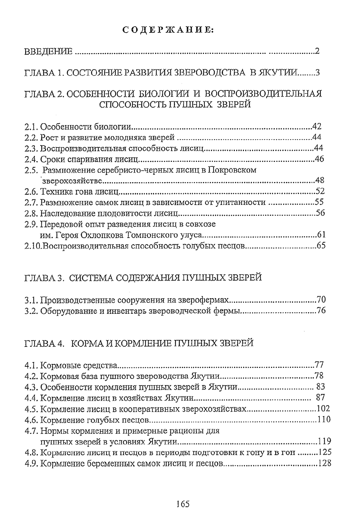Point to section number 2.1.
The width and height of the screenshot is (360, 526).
click(x=32, y=127)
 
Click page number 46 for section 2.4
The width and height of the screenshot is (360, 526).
click(x=319, y=159)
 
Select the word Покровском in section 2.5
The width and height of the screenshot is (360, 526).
click(x=232, y=170)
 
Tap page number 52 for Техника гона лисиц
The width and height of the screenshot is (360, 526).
click(x=320, y=191)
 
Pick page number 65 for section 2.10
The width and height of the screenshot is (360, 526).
click(x=321, y=246)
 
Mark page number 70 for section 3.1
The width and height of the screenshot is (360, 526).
click(x=321, y=300)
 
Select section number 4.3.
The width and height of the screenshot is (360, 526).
click(x=32, y=387)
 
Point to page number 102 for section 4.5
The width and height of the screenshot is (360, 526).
click(x=323, y=409)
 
